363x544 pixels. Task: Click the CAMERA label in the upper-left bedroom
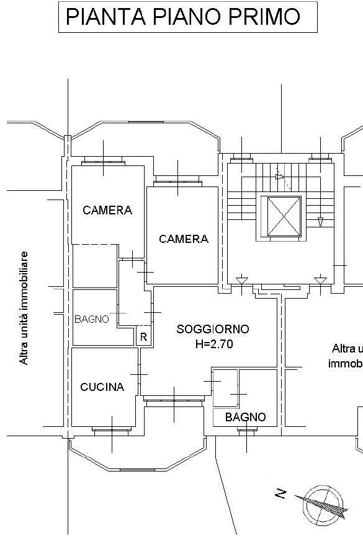(107, 210)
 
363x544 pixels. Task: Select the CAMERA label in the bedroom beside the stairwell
(184, 239)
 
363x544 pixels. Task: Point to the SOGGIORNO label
(213, 329)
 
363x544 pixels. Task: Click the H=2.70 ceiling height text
(214, 344)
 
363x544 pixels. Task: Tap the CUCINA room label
(102, 387)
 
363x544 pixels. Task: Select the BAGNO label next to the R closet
(92, 319)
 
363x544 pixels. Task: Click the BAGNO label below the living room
(245, 417)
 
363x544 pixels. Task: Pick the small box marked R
(143, 336)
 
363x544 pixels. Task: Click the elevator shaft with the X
(284, 217)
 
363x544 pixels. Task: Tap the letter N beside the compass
(281, 493)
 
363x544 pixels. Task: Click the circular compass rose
(323, 505)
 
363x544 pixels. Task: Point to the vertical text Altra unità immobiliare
(24, 308)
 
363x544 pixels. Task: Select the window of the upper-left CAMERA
(103, 161)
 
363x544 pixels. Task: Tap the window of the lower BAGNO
(248, 430)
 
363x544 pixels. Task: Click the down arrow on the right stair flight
(320, 222)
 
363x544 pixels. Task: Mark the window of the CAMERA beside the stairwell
(178, 181)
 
